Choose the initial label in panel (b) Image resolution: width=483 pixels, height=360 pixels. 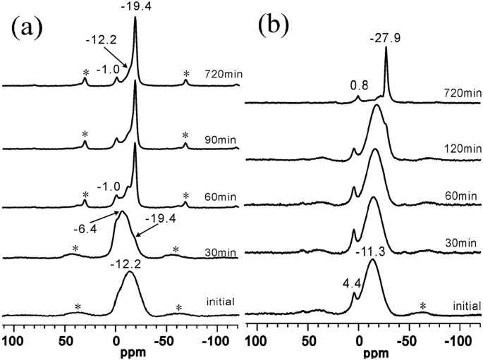[x=466, y=306]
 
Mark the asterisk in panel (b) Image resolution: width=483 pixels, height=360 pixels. [x=423, y=306]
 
